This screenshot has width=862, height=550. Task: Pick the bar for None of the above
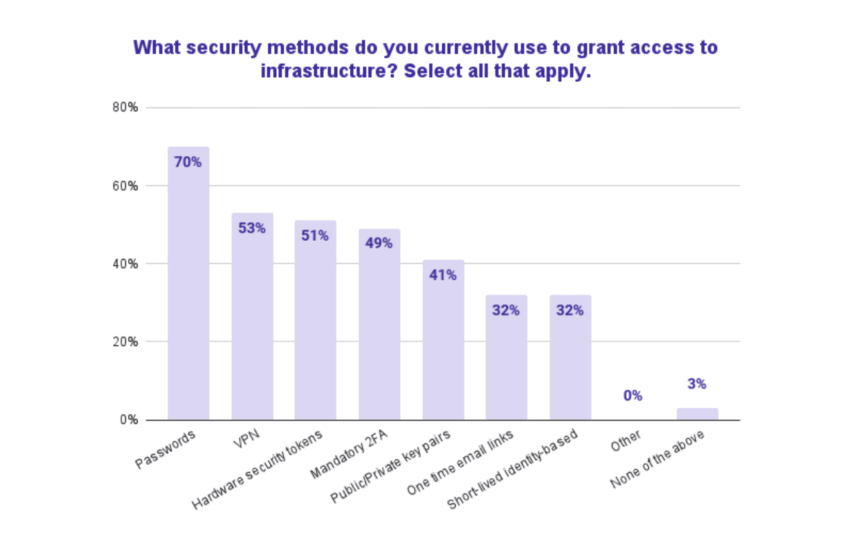tap(697, 414)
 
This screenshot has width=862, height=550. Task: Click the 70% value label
tap(188, 162)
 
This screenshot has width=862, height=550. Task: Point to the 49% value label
tap(379, 243)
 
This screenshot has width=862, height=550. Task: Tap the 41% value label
tap(443, 275)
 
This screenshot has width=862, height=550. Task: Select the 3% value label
tap(697, 384)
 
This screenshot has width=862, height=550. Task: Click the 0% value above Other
tap(633, 396)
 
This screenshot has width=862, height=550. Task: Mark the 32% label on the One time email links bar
tap(506, 311)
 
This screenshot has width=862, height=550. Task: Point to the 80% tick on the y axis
tap(125, 107)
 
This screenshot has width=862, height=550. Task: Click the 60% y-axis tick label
tap(125, 186)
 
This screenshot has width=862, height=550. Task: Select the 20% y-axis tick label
tap(125, 342)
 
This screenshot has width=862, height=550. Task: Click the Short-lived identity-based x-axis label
tap(513, 469)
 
